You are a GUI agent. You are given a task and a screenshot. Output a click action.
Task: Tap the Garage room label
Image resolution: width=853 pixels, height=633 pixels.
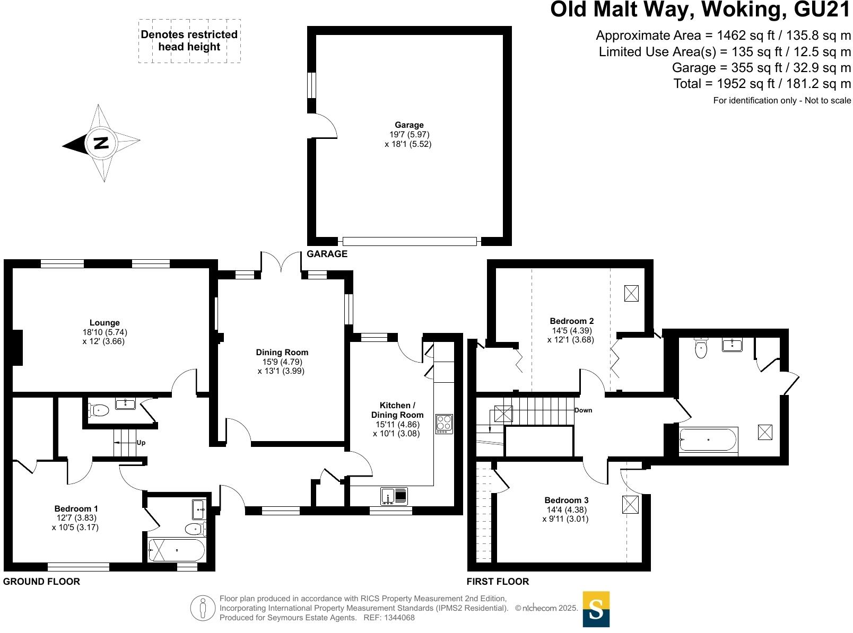click(408, 125)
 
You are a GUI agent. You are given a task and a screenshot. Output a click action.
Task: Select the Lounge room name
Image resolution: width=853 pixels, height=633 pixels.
click(105, 322)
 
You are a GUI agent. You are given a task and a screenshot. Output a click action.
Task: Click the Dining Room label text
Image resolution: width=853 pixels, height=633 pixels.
click(282, 352)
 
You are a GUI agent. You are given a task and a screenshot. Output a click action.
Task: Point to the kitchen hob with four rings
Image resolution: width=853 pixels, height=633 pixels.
click(444, 424)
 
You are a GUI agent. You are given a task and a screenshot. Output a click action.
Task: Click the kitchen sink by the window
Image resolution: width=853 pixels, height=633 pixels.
click(394, 496)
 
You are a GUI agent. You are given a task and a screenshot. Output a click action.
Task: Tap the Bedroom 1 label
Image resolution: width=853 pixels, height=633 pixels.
click(76, 508)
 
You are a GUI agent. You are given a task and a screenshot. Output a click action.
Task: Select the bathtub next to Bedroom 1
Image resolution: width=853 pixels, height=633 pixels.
click(176, 550)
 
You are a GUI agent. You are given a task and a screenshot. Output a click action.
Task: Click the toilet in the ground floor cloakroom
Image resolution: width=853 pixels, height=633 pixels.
click(99, 410)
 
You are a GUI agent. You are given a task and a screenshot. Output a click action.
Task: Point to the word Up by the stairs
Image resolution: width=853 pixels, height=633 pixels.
click(141, 442)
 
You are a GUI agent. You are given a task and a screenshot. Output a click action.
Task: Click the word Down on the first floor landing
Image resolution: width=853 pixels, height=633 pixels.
click(583, 410)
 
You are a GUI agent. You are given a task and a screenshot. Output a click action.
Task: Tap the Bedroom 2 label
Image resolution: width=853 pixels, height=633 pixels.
click(571, 321)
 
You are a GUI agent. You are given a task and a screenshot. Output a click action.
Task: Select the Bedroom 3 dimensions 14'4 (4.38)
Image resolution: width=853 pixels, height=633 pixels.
click(566, 509)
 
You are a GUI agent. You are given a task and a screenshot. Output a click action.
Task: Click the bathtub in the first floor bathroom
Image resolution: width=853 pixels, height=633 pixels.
click(708, 440)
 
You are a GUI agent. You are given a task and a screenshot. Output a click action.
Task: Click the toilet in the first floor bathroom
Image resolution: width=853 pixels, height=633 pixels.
click(701, 348)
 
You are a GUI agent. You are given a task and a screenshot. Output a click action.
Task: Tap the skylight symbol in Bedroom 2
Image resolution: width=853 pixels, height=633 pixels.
click(631, 293)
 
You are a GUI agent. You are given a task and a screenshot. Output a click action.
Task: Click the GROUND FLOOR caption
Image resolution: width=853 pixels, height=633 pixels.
click(41, 582)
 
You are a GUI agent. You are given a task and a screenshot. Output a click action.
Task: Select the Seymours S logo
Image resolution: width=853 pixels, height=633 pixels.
click(596, 609)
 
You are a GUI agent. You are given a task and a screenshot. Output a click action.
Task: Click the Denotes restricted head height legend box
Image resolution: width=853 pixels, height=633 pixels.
click(189, 41)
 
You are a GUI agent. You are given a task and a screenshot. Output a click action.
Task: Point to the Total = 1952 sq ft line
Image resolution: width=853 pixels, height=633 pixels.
click(762, 84)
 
